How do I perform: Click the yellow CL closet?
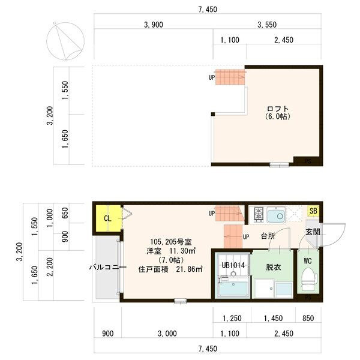pos(107,218)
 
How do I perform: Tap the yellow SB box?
pos(313,211)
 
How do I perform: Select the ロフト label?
pos(277,109)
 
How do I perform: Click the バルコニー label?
pos(108,267)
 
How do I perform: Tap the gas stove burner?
pos(259,214)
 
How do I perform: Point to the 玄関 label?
pos(312,232)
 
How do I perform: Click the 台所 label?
pos(268,236)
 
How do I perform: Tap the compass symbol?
pos(65,40)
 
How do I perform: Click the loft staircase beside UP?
pos(231,77)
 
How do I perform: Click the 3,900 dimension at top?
pos(154,25)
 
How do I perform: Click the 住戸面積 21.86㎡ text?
pos(171,269)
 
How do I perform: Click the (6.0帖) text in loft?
pos(277,117)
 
